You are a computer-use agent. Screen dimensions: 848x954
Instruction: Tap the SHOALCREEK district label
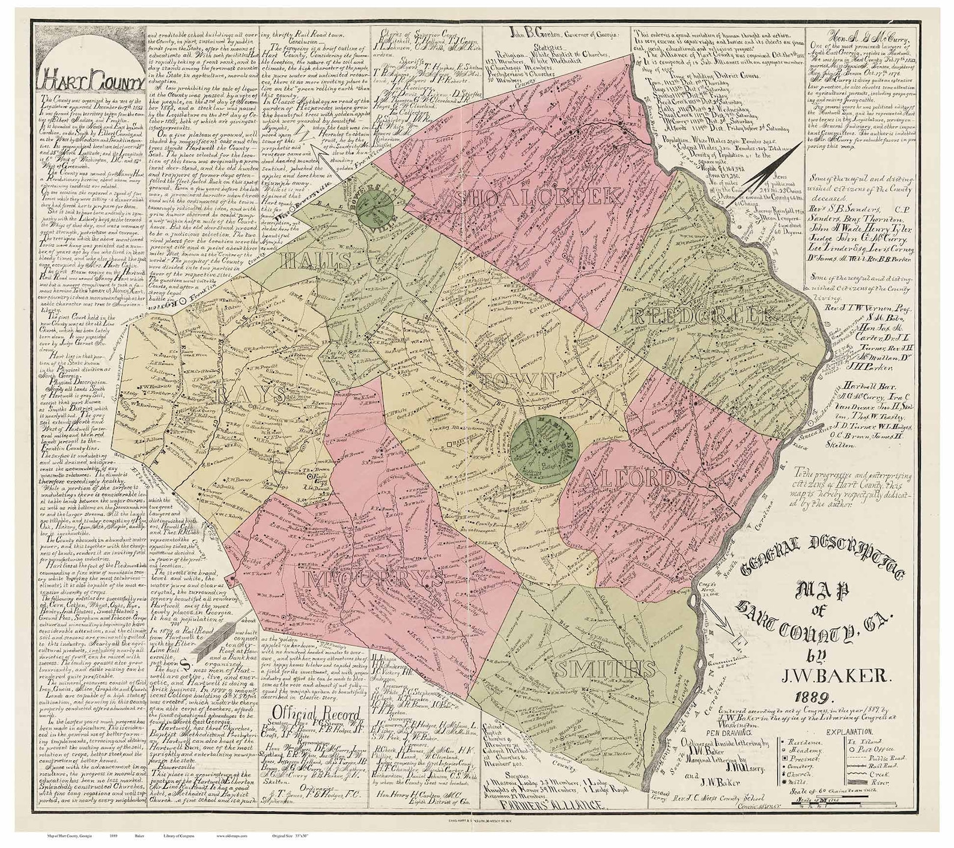point(538,198)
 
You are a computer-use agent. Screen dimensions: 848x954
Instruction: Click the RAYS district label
point(248,395)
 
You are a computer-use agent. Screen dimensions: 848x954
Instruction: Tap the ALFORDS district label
point(635,478)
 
